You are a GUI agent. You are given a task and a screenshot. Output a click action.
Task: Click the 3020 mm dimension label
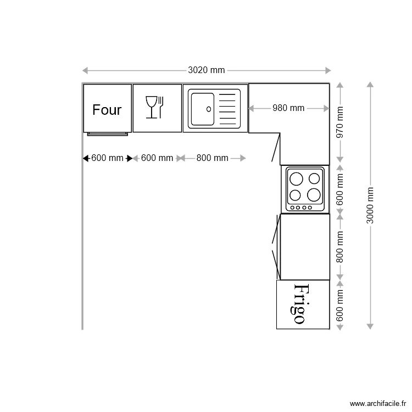[206, 70]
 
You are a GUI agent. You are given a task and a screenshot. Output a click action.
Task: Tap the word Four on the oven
[107, 110]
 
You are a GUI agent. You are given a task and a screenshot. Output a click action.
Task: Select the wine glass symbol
[151, 107]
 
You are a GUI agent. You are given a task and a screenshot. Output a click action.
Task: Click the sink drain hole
[209, 109]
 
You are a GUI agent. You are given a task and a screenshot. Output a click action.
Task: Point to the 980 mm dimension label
[288, 108]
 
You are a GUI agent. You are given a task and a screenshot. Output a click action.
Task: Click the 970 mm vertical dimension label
[339, 122]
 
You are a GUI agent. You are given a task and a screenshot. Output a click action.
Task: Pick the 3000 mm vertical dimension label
[370, 205]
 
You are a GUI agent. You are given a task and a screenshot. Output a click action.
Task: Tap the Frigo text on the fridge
[299, 304]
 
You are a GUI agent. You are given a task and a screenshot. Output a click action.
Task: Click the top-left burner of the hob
[296, 179]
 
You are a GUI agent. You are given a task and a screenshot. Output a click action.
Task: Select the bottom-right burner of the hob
[314, 195]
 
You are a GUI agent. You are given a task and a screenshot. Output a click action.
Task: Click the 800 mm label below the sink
[212, 158]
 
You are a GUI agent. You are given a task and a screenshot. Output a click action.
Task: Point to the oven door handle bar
[108, 134]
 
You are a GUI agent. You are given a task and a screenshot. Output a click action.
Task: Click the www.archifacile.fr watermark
[378, 403]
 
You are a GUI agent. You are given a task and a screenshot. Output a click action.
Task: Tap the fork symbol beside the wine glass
[160, 107]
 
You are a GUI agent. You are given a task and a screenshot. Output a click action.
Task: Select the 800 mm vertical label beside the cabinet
[339, 247]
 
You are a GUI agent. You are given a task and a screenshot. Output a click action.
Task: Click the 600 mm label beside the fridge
[339, 305]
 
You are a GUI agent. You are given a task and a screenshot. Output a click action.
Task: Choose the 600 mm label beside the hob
[339, 190]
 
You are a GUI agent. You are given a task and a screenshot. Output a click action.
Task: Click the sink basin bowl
[203, 109]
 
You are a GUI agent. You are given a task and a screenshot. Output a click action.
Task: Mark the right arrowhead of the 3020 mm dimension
[328, 70]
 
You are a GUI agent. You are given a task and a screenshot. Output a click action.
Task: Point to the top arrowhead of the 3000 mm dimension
[370, 85]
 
